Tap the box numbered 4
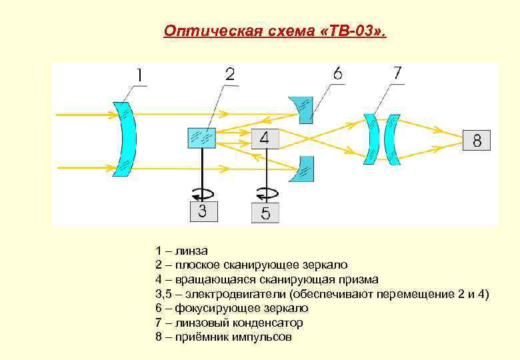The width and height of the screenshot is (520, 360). pos(265,139)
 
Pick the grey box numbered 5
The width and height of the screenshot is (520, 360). pos(265,213)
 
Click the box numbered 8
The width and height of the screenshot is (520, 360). pos(477,140)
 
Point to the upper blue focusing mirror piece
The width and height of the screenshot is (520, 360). pos(303,109)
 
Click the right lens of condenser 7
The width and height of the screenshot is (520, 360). pos(393,139)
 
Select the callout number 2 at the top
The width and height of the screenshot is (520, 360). pos(229,74)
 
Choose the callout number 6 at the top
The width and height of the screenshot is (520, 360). pos(338,73)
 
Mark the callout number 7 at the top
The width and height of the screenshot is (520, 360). pos(397,73)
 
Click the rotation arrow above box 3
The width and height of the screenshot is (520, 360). pos(202,193)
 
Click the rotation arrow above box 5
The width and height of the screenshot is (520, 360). pos(265,193)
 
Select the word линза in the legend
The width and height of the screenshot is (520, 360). pos(193,251)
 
